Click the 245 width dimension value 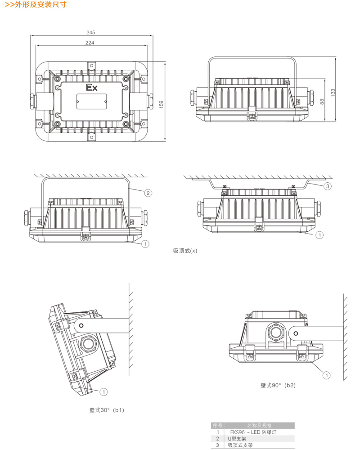[x=91, y=32]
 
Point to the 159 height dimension [x=161, y=103]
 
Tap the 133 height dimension [x=333, y=92]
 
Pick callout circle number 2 [x=148, y=193]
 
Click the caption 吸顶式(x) [x=185, y=251]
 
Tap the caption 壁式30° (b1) [x=107, y=410]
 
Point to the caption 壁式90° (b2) [x=278, y=385]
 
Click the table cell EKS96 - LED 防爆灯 [x=256, y=432]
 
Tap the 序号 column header [x=217, y=425]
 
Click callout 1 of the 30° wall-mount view [x=103, y=391]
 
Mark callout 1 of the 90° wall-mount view [x=327, y=374]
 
